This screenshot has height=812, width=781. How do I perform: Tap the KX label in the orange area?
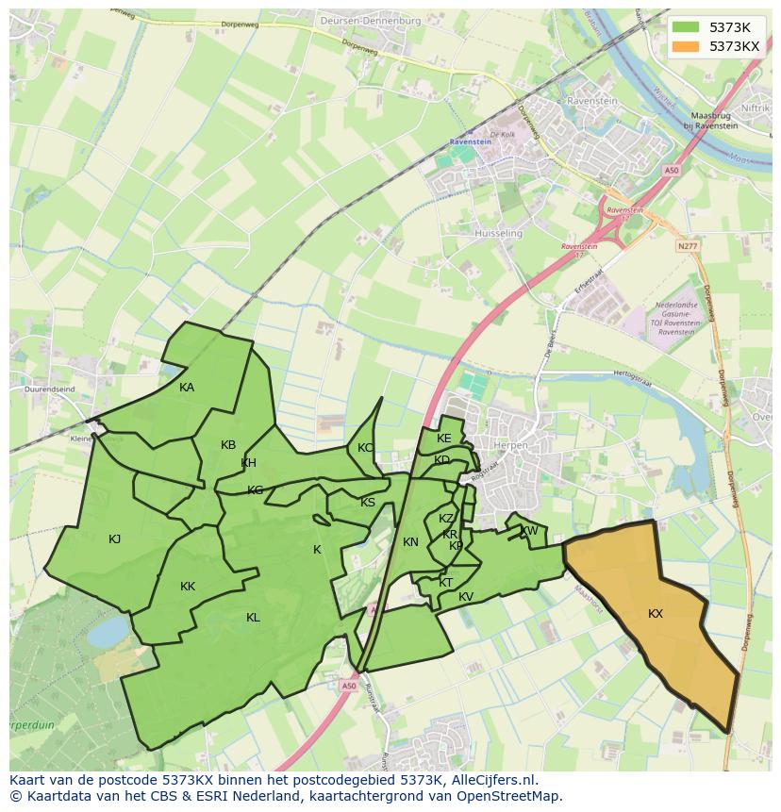tap(656, 614)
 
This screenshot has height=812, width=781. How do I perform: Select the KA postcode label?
tap(187, 388)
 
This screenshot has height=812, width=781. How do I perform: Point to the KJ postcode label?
tap(114, 539)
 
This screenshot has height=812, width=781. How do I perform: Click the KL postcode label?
tap(253, 618)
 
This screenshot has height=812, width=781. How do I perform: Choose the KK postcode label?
tap(188, 587)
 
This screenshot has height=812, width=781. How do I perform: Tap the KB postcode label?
tap(228, 445)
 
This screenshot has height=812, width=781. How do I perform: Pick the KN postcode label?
tap(410, 542)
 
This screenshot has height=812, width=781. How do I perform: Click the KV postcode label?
tap(466, 597)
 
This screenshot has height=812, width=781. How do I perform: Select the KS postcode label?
tap(368, 503)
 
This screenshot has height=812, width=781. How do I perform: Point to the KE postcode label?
tap(444, 439)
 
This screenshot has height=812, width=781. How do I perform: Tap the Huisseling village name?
tap(499, 233)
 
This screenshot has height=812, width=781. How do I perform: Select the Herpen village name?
tap(508, 444)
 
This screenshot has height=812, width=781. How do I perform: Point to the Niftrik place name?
tap(755, 108)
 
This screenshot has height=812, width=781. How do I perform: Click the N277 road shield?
tap(689, 246)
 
